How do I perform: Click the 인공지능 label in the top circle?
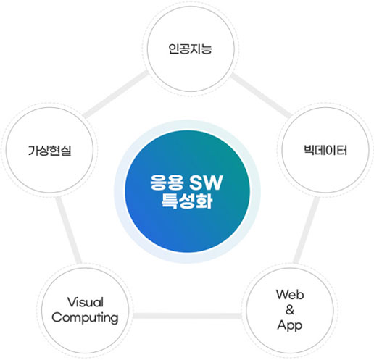[191, 49]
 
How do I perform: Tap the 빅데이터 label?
[325, 150]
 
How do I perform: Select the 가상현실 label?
[50, 151]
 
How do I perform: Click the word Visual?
[86, 302]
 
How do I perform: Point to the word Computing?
[85, 318]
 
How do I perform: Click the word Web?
[290, 295]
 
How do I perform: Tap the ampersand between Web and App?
[290, 310]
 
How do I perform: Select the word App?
[290, 325]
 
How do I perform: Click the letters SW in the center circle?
[206, 183]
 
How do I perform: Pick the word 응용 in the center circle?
[167, 183]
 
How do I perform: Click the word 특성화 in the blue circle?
[187, 201]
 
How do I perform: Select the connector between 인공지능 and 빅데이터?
[261, 96]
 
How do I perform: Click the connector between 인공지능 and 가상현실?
[115, 94]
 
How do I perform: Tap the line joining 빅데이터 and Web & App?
[307, 230]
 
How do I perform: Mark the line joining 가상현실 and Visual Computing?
[69, 230]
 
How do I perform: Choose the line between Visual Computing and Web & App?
[187, 316]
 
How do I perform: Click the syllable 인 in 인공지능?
[174, 49]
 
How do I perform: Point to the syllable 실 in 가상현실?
[67, 151]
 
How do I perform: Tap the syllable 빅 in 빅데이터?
[309, 150]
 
